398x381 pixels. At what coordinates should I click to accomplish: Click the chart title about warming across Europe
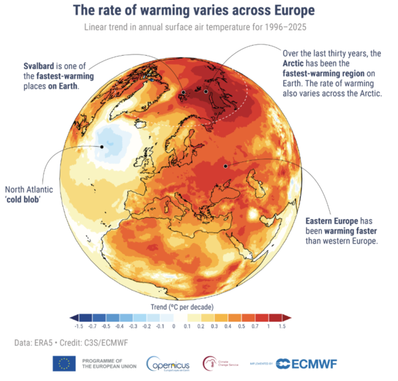click(198, 12)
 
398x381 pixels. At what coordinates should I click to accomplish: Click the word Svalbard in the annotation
click(38, 66)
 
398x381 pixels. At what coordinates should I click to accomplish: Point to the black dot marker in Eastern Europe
click(225, 166)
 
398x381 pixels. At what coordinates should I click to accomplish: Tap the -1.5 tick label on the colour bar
click(79, 327)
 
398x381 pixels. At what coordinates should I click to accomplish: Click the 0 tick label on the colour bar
click(173, 327)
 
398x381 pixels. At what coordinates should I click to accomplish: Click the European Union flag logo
click(64, 363)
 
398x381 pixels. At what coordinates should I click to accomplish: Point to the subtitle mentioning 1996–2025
click(198, 27)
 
